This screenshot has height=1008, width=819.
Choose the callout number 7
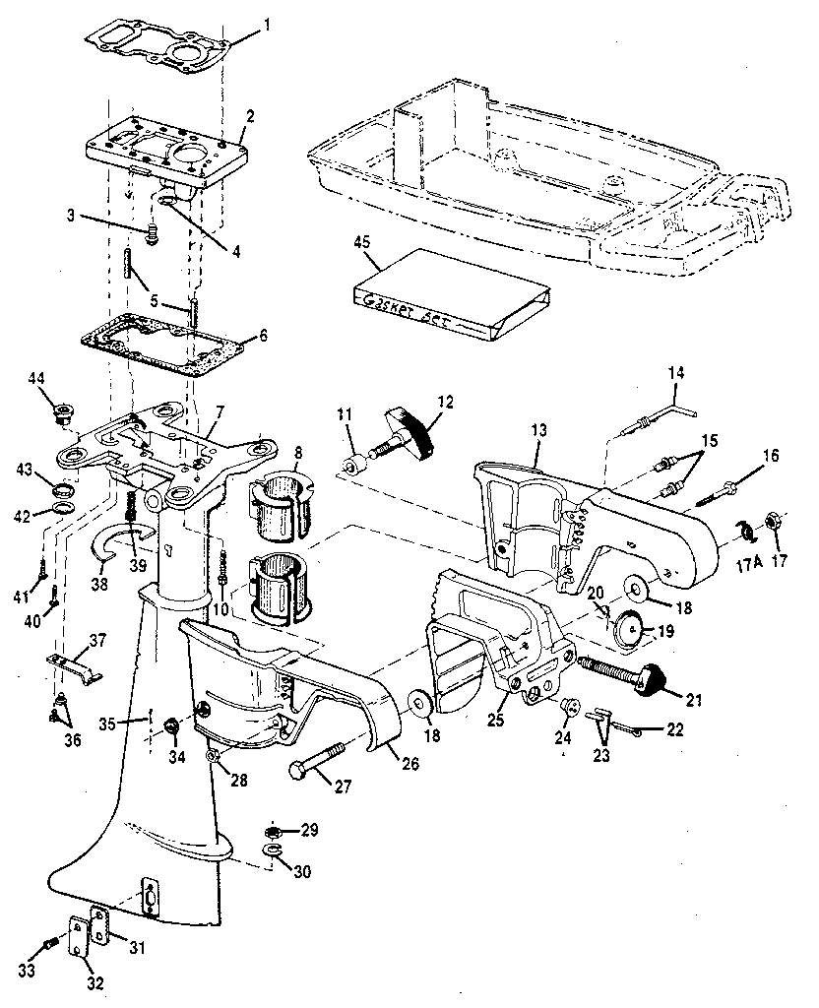click(x=221, y=409)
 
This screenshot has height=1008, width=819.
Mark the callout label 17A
click(x=744, y=568)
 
